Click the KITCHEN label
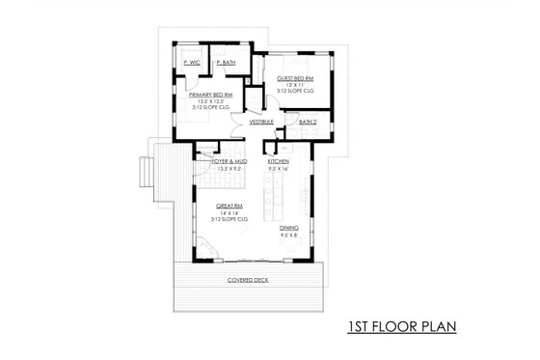tap(292, 161)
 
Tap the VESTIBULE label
tap(260, 123)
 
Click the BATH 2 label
tap(308, 123)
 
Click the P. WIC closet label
tap(191, 63)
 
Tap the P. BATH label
tap(226, 63)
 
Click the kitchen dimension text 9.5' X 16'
tap(292, 168)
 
